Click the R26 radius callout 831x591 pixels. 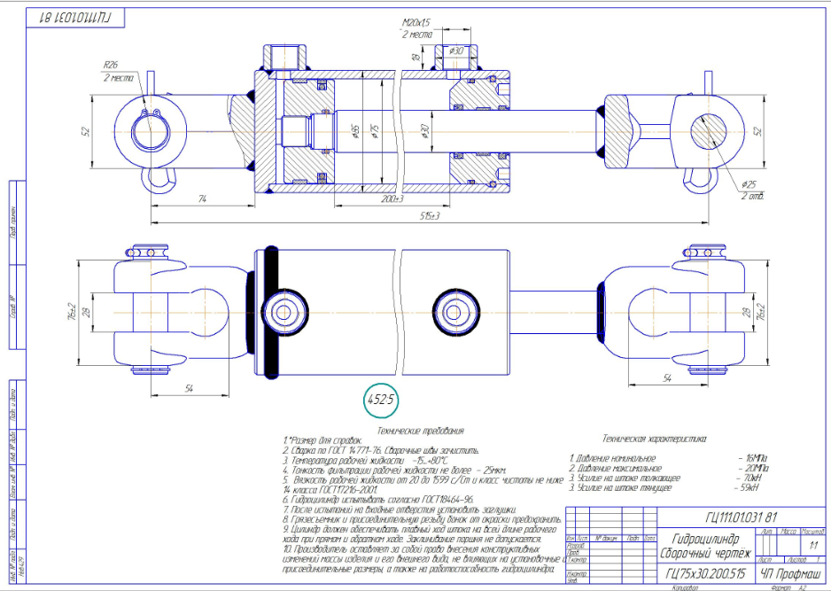tap(111, 65)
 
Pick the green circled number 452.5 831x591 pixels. tap(381, 400)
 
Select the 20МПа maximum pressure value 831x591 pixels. tap(757, 468)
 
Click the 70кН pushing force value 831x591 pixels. tap(754, 478)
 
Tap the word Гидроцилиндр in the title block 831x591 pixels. tap(701, 538)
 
